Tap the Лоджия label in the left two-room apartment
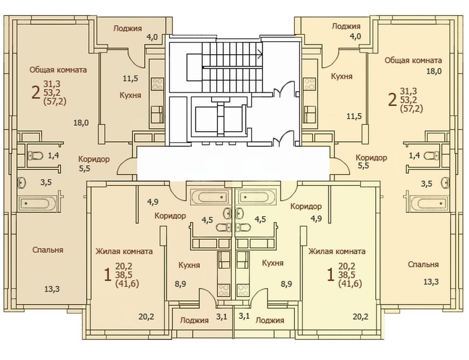(128, 29)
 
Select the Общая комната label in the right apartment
(413, 60)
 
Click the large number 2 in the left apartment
(35, 92)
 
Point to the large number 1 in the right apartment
(330, 274)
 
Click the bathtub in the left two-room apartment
(38, 203)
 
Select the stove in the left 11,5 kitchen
(157, 84)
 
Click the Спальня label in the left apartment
(48, 250)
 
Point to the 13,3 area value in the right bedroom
(431, 281)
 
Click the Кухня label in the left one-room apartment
(189, 265)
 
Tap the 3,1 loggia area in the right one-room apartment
(244, 316)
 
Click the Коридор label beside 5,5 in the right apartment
(371, 157)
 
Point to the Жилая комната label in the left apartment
(124, 252)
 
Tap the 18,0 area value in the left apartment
(81, 122)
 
